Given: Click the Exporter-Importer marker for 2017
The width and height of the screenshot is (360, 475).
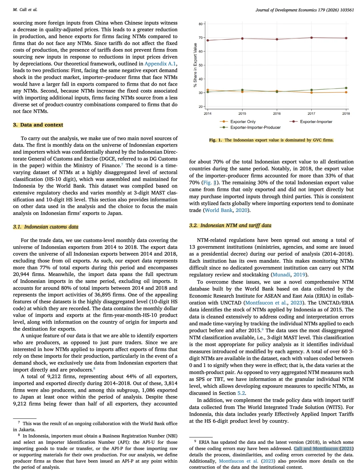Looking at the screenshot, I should coord(311,38).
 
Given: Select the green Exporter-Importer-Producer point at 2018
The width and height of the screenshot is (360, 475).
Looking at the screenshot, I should coord(346,88).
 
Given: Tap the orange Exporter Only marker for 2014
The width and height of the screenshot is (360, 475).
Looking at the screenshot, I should coord(208,90).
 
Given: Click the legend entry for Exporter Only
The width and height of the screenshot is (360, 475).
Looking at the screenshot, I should coord(243,122).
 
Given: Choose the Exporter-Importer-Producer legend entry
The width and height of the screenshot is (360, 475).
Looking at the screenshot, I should coord(255,127).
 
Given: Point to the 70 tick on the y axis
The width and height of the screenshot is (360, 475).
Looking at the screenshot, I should coord(200,38).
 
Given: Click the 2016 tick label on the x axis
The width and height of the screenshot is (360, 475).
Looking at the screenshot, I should coord(277,114).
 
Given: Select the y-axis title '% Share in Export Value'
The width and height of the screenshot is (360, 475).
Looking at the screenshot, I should coord(195,65).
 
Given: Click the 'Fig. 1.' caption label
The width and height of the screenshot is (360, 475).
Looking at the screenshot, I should coord(215,140).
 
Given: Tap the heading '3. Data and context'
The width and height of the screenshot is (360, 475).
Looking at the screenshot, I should coord(38,125).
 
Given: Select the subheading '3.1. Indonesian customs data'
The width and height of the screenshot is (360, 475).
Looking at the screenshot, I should coord(46,227).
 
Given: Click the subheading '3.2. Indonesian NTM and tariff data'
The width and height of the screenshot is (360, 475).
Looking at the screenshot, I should coord(230,225).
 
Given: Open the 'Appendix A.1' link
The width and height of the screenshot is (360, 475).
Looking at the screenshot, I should coord(160,64).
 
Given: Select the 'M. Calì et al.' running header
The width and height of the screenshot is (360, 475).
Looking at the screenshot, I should coord(25,10).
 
